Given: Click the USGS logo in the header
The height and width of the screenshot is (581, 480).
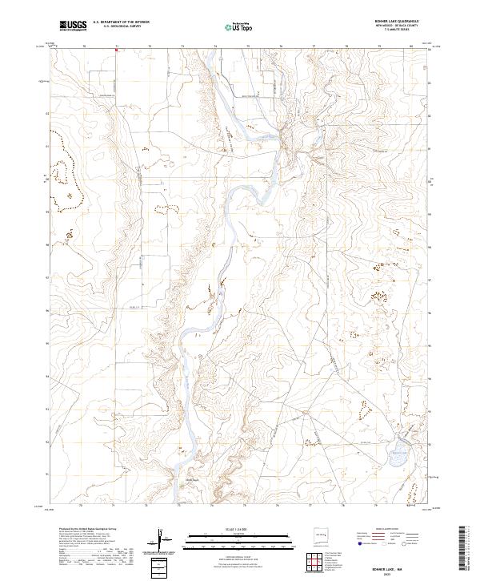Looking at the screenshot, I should point(73,26).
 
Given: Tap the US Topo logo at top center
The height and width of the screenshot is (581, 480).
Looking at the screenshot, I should point(234,26).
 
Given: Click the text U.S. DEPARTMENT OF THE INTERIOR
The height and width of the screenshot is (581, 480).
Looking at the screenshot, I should point(121,22).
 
